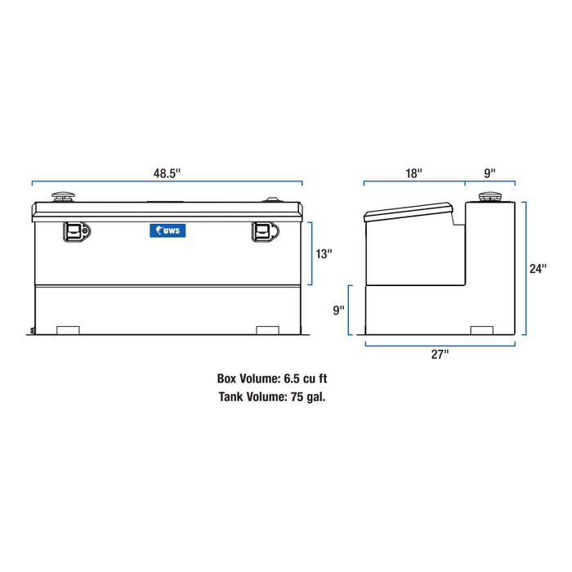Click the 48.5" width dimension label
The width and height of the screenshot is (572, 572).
click(x=167, y=172)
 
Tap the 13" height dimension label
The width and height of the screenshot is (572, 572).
click(x=324, y=254)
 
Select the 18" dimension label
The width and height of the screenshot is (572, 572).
click(x=414, y=172)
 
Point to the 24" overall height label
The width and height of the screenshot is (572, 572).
click(x=537, y=269)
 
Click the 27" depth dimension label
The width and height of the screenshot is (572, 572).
click(x=440, y=355)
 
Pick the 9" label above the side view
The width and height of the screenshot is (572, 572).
click(x=489, y=172)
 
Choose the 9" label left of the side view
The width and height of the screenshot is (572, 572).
click(x=338, y=311)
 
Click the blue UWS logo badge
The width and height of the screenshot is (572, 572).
click(x=168, y=231)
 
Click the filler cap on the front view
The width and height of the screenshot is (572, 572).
click(x=63, y=197)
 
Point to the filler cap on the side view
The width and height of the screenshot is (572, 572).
click(x=490, y=197)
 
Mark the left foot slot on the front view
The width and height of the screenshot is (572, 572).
click(x=68, y=330)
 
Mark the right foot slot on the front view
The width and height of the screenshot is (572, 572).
click(x=268, y=330)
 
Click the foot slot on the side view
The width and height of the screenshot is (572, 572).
click(x=483, y=330)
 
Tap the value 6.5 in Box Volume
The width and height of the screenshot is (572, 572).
click(x=293, y=379)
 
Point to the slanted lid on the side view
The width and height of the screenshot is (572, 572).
click(x=409, y=212)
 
